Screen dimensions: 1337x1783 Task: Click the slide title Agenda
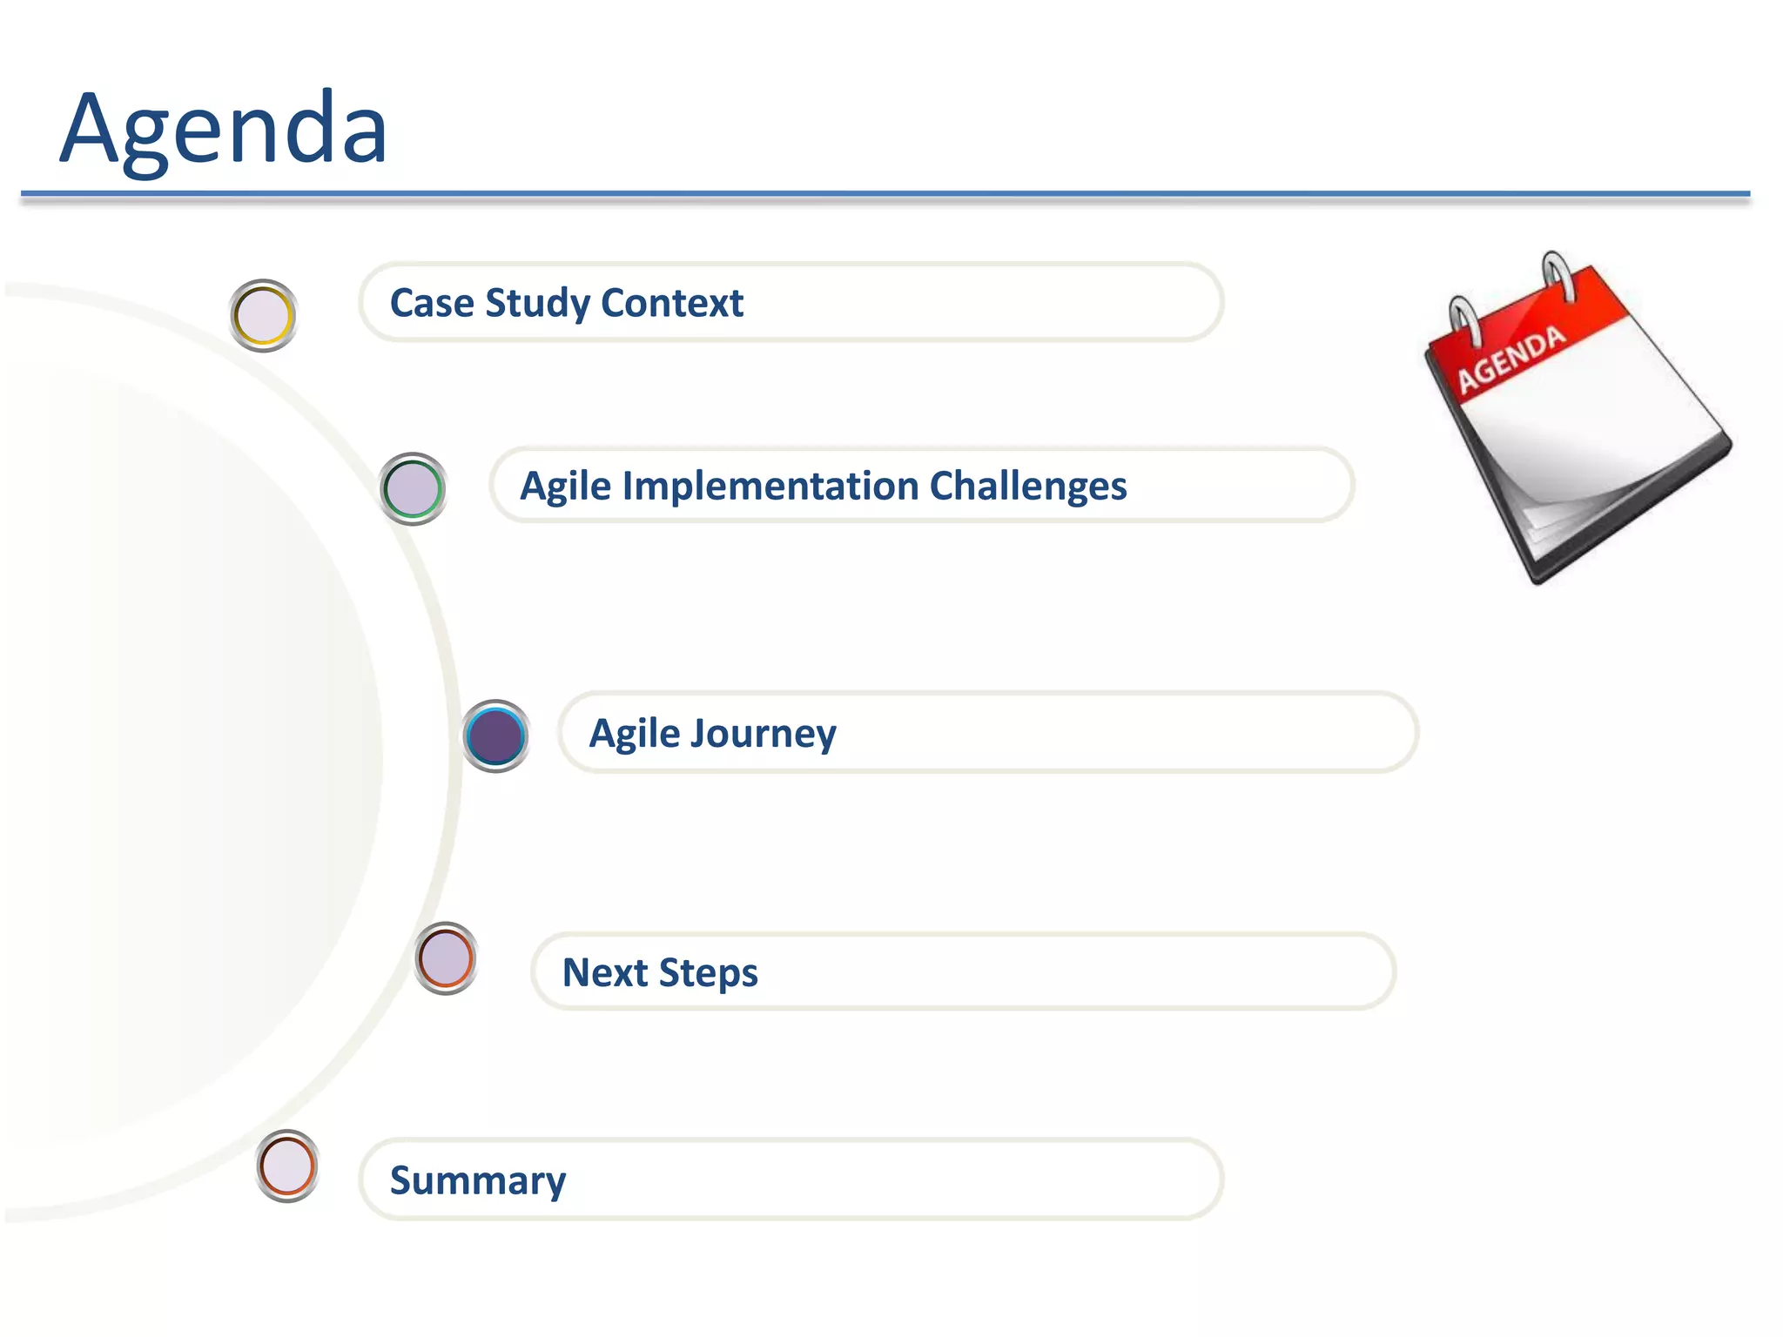tap(224, 129)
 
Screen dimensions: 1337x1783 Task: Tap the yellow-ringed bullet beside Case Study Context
tap(263, 315)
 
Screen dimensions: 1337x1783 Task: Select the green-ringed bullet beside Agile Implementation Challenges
tap(413, 488)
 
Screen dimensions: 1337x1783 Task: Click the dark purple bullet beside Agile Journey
tap(495, 736)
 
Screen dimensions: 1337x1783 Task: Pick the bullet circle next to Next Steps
tap(445, 958)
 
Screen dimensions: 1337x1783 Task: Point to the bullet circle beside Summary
tap(286, 1166)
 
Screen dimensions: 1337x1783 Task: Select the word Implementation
tap(770, 486)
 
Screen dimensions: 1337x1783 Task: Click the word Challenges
tap(1028, 486)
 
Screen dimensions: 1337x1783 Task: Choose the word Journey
tap(762, 734)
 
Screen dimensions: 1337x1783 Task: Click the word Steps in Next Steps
tap(708, 973)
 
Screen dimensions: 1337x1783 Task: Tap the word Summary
tap(477, 1180)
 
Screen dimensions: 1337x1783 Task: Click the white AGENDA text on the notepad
tap(1511, 359)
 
